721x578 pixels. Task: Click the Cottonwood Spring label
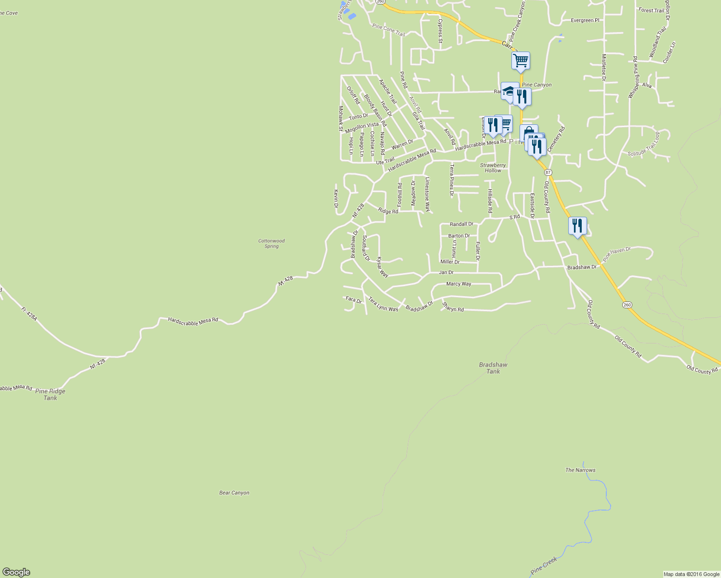click(271, 243)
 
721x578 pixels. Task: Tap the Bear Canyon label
click(234, 493)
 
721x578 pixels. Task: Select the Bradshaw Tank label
click(493, 368)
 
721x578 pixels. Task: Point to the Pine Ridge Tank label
click(50, 394)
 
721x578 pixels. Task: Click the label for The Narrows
click(580, 470)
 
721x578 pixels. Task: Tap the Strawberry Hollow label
click(493, 168)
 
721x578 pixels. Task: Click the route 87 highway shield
click(548, 172)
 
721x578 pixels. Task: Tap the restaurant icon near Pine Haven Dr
click(577, 226)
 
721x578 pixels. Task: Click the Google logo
click(16, 572)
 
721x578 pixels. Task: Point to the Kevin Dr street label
click(336, 199)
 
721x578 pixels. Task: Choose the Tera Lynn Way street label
click(383, 304)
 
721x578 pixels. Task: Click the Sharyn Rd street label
click(453, 308)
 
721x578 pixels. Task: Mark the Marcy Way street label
click(459, 284)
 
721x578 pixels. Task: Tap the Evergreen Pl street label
click(585, 20)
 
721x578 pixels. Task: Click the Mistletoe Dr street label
click(603, 67)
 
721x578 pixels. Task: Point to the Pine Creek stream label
click(544, 565)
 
